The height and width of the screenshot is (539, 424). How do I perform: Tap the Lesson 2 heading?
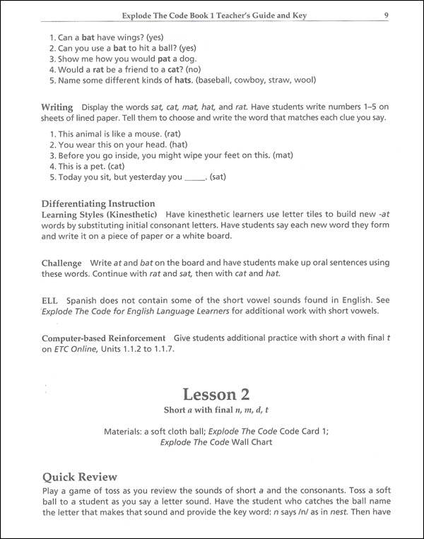point(212,393)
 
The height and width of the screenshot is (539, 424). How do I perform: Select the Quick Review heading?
point(79,477)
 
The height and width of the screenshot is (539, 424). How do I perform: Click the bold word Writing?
point(57,107)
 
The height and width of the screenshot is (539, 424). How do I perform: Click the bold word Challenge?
point(61,263)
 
